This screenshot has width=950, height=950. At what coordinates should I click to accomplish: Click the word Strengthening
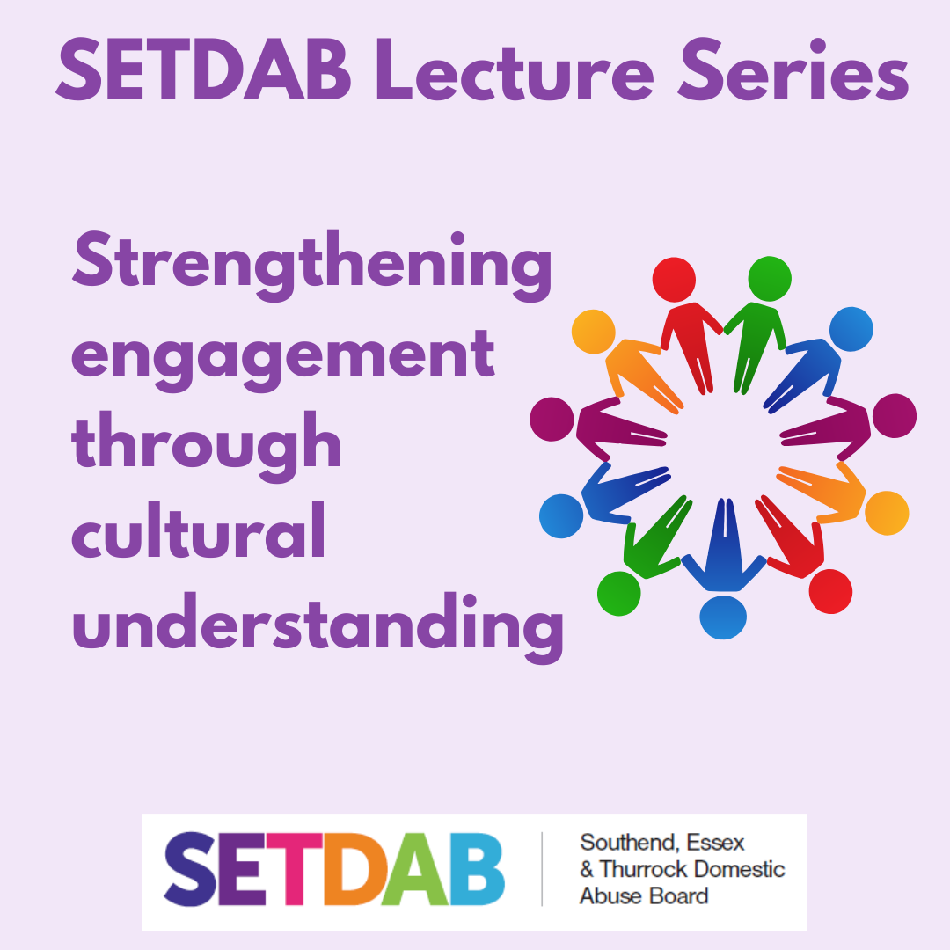click(312, 266)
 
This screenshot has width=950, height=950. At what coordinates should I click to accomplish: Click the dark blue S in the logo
click(190, 869)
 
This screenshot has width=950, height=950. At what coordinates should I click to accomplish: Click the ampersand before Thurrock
click(587, 870)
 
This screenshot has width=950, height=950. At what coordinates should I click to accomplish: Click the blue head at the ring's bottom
click(723, 617)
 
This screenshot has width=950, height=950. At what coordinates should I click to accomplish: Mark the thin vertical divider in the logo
click(542, 869)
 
